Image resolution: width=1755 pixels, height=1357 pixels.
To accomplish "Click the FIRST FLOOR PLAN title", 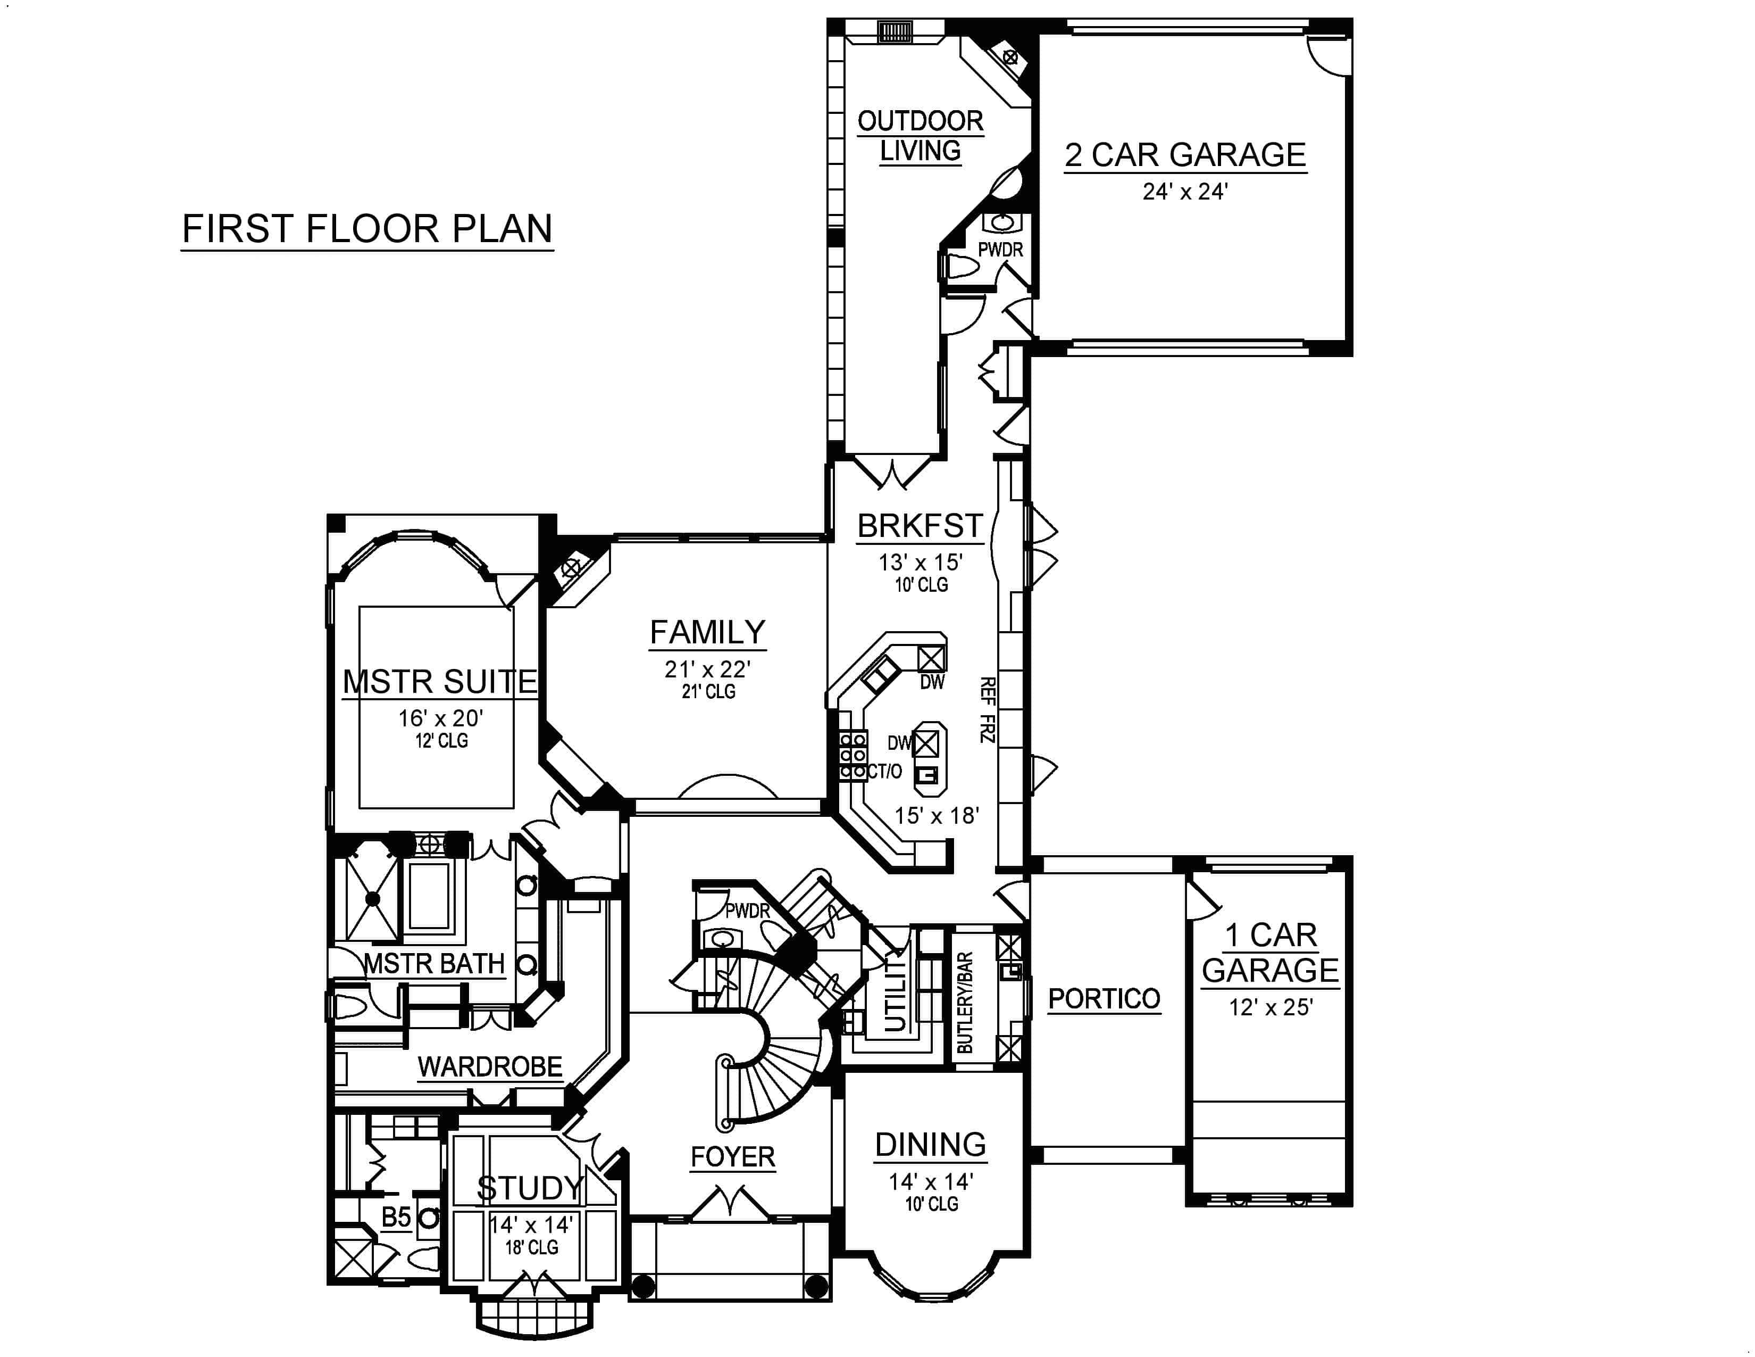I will (367, 229).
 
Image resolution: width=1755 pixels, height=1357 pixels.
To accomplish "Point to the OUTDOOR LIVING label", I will (920, 136).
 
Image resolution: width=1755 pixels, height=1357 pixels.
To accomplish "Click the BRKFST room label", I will (920, 526).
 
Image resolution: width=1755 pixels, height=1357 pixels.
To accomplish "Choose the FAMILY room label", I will (707, 633).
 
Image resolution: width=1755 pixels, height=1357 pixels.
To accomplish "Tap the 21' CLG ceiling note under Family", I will (708, 691).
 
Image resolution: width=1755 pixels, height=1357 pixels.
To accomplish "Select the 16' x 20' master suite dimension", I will (440, 718).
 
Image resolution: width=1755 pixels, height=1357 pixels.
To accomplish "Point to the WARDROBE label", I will (489, 1067).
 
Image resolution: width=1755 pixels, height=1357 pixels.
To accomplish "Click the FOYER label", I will (732, 1157).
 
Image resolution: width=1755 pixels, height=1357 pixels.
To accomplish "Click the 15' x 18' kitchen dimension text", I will (936, 816).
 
